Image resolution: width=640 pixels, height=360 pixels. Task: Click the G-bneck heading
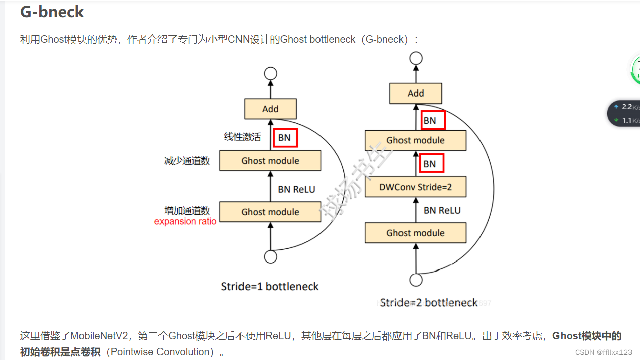[x=52, y=12]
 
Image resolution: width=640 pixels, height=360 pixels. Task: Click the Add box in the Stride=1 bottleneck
[x=270, y=109]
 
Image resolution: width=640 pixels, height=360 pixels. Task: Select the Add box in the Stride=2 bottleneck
[x=416, y=93]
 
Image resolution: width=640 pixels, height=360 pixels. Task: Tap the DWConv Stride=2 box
[x=416, y=187]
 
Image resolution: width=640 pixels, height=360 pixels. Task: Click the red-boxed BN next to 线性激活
[x=285, y=138]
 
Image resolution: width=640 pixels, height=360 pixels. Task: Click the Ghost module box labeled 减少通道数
[x=270, y=161]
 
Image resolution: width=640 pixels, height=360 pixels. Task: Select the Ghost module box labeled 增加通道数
[x=270, y=212]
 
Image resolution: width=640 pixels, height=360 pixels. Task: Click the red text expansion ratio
[x=185, y=222]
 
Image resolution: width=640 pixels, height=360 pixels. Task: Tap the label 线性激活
[x=243, y=137]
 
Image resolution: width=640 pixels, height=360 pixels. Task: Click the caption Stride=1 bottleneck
[x=270, y=287]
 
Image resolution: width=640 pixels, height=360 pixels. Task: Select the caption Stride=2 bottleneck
[x=429, y=302]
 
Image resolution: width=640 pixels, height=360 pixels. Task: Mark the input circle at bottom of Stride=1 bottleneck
[x=271, y=257]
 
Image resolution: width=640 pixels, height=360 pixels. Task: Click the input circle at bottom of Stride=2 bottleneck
[x=416, y=280]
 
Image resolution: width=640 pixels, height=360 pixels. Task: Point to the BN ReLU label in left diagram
[x=296, y=189]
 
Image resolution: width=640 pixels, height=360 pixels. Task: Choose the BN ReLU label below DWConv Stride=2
[x=442, y=210]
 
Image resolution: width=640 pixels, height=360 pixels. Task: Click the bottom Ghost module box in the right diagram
[x=416, y=233]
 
